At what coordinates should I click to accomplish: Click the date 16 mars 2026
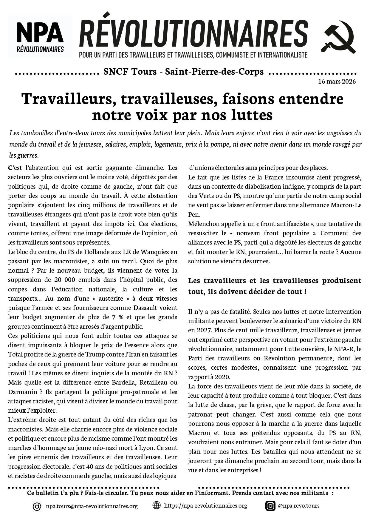pos(337,82)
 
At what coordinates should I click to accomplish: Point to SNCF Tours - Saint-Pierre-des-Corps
pos(183,72)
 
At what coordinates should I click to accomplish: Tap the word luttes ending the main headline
pos(252,115)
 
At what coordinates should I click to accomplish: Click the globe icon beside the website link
pos(156,505)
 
